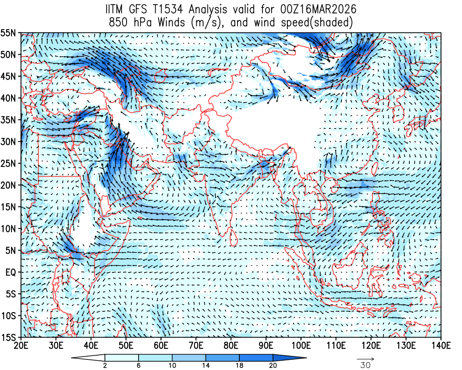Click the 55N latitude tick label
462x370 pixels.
tap(9, 33)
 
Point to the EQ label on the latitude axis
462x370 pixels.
tap(11, 272)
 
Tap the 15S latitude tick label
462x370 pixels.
tap(9, 338)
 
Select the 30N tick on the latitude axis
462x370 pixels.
tap(9, 142)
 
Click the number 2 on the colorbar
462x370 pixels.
tap(105, 365)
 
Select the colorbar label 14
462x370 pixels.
tap(206, 365)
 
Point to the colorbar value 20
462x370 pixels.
tap(273, 365)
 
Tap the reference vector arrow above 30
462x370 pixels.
tap(365, 358)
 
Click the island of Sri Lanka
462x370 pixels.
tap(234, 238)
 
